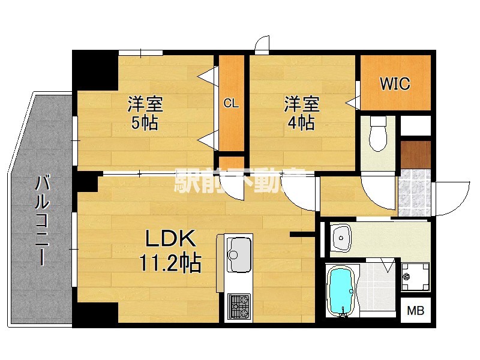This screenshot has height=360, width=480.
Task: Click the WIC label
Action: [x=395, y=83]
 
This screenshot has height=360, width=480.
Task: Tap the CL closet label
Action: [x=231, y=103]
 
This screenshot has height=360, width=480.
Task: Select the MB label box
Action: [x=415, y=310]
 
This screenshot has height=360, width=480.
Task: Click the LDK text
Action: [x=170, y=238]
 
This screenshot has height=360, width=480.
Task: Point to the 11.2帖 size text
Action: [x=170, y=263]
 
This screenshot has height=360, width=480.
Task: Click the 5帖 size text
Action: [x=145, y=123]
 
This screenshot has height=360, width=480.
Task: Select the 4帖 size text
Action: [x=301, y=123]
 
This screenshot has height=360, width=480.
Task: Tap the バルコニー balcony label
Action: [x=41, y=220]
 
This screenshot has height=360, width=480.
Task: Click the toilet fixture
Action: [x=379, y=133]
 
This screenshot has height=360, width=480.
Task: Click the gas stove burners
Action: [x=239, y=306]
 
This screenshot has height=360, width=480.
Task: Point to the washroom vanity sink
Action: [x=341, y=238]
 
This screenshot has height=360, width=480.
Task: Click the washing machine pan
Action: [x=415, y=277]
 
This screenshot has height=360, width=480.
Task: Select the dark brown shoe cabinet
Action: [x=415, y=155]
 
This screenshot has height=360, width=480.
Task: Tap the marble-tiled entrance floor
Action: [x=415, y=192]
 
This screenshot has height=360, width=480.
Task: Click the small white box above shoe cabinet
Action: [x=415, y=126]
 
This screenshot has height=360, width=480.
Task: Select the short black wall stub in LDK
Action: [x=302, y=235]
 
